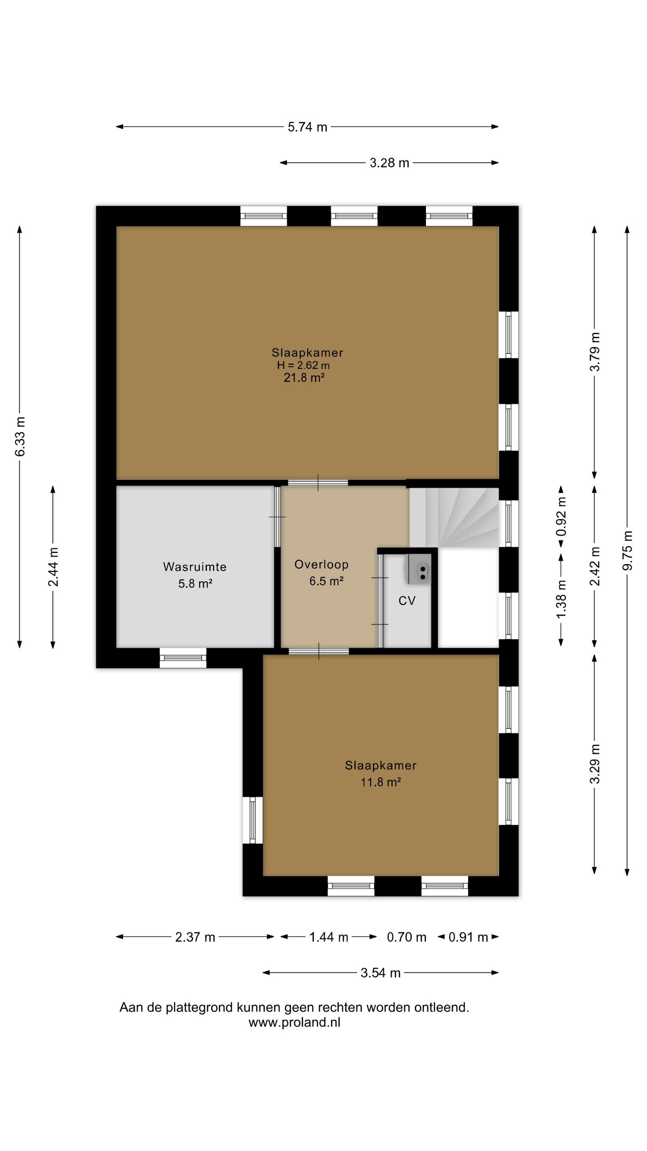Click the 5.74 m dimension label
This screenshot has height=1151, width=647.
[307, 127]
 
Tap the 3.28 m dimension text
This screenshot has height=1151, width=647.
[389, 163]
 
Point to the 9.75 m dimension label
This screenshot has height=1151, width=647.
[628, 550]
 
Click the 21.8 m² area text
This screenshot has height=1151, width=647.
[304, 378]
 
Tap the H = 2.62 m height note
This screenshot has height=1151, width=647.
[303, 365]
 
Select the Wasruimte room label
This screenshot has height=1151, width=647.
[195, 567]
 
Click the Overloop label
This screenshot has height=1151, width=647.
[321, 564]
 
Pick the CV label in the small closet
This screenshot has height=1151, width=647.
[407, 601]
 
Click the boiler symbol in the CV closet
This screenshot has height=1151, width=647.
[420, 569]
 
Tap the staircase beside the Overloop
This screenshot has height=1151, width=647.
[454, 517]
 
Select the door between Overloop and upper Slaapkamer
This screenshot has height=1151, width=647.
[318, 483]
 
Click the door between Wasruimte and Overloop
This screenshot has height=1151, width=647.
[277, 517]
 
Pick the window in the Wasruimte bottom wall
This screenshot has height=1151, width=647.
[183, 658]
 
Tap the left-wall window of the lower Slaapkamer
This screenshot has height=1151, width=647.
[253, 820]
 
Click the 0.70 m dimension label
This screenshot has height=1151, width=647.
[407, 937]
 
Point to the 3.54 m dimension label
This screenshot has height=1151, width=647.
[381, 973]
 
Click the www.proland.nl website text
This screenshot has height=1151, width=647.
[294, 1022]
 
